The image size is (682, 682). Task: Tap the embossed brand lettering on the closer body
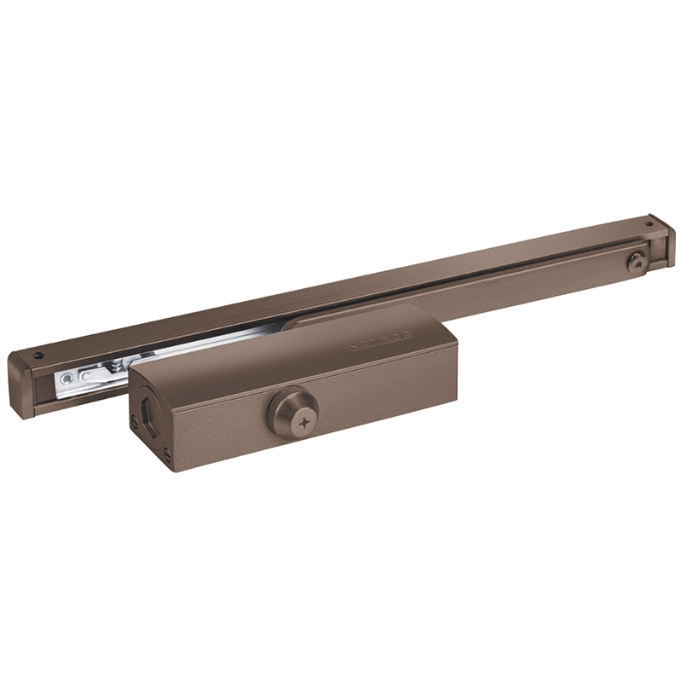tap(380, 339)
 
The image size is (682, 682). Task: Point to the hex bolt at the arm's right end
tap(635, 262)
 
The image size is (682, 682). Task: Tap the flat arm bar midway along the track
tap(477, 286)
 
